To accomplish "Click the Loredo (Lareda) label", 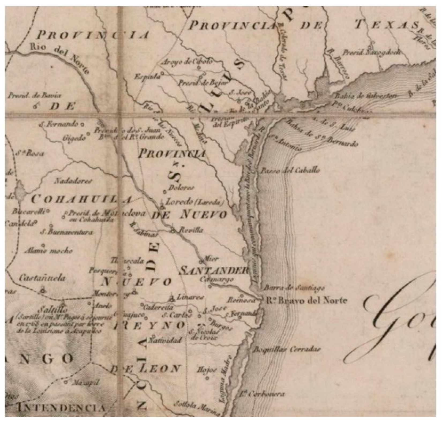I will [195, 202].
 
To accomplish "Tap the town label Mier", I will [211, 259].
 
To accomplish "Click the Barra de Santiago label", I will [294, 288].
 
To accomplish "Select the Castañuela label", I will [42, 278].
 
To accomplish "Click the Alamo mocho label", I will [48, 251].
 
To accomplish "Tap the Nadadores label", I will [73, 181].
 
